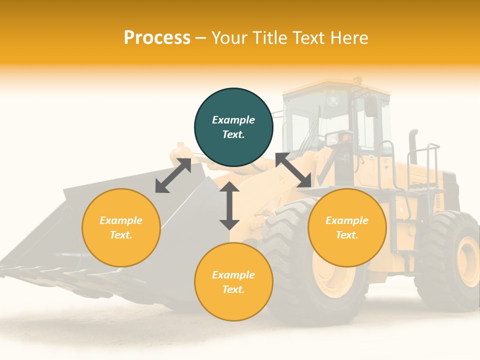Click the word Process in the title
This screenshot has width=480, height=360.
tap(157, 38)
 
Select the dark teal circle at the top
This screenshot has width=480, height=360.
tap(233, 127)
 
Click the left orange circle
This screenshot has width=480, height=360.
tap(121, 227)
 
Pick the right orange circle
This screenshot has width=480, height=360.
tap(347, 227)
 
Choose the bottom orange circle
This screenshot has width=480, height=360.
tap(233, 282)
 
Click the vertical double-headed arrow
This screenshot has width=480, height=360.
tap(229, 206)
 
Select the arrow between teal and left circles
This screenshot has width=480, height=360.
tap(173, 175)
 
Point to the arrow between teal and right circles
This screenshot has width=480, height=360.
tap(293, 170)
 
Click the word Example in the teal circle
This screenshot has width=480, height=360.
tap(233, 120)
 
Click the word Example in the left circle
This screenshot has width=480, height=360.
tap(121, 220)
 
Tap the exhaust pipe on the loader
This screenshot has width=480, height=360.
tap(413, 145)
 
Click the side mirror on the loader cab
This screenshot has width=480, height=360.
tap(371, 106)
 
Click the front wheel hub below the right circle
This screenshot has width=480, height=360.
tap(330, 275)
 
